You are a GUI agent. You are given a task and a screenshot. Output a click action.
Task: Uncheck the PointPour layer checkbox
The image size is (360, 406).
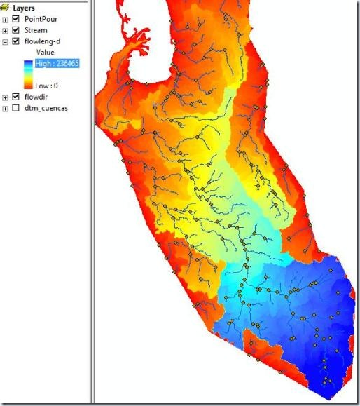16,19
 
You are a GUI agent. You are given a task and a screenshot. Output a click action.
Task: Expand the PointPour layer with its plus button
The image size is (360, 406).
6,19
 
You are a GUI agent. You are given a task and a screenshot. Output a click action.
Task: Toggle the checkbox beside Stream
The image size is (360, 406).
16,30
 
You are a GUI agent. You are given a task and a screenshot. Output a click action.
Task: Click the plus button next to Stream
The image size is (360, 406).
6,30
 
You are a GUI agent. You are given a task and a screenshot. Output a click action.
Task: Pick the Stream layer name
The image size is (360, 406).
36,30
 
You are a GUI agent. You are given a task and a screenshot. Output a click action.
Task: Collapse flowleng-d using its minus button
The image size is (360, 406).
6,41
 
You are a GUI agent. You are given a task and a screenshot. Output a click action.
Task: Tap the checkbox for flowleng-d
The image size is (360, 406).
16,41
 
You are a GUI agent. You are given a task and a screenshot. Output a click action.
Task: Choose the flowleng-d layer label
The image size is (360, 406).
42,41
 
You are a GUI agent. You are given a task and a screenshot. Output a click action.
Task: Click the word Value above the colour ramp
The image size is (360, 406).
45,52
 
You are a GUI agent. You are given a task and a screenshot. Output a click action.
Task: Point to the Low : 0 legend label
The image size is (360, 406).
47,85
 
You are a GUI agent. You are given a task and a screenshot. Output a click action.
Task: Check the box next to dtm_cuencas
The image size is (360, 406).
16,108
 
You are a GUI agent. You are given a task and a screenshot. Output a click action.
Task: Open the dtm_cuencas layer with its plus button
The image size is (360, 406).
6,108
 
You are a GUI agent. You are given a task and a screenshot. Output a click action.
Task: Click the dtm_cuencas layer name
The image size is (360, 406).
46,108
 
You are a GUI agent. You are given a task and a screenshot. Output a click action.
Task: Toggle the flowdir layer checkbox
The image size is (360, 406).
16,97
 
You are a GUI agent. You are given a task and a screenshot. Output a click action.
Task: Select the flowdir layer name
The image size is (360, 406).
36,97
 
